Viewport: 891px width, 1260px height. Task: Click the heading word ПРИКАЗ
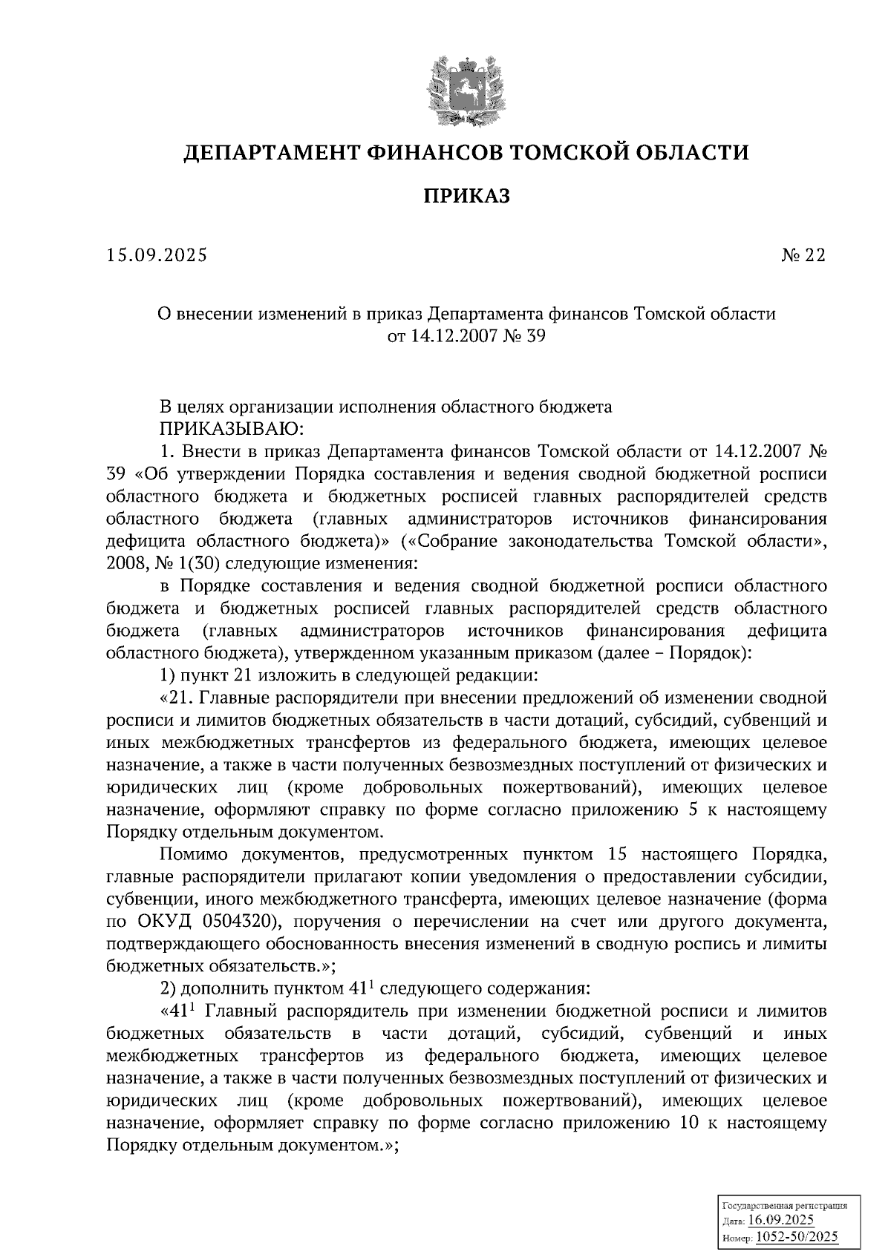466,197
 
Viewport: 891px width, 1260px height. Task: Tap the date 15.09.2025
157,256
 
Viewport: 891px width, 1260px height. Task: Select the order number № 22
803,256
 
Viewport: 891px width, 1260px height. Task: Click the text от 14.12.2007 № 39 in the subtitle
466,337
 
